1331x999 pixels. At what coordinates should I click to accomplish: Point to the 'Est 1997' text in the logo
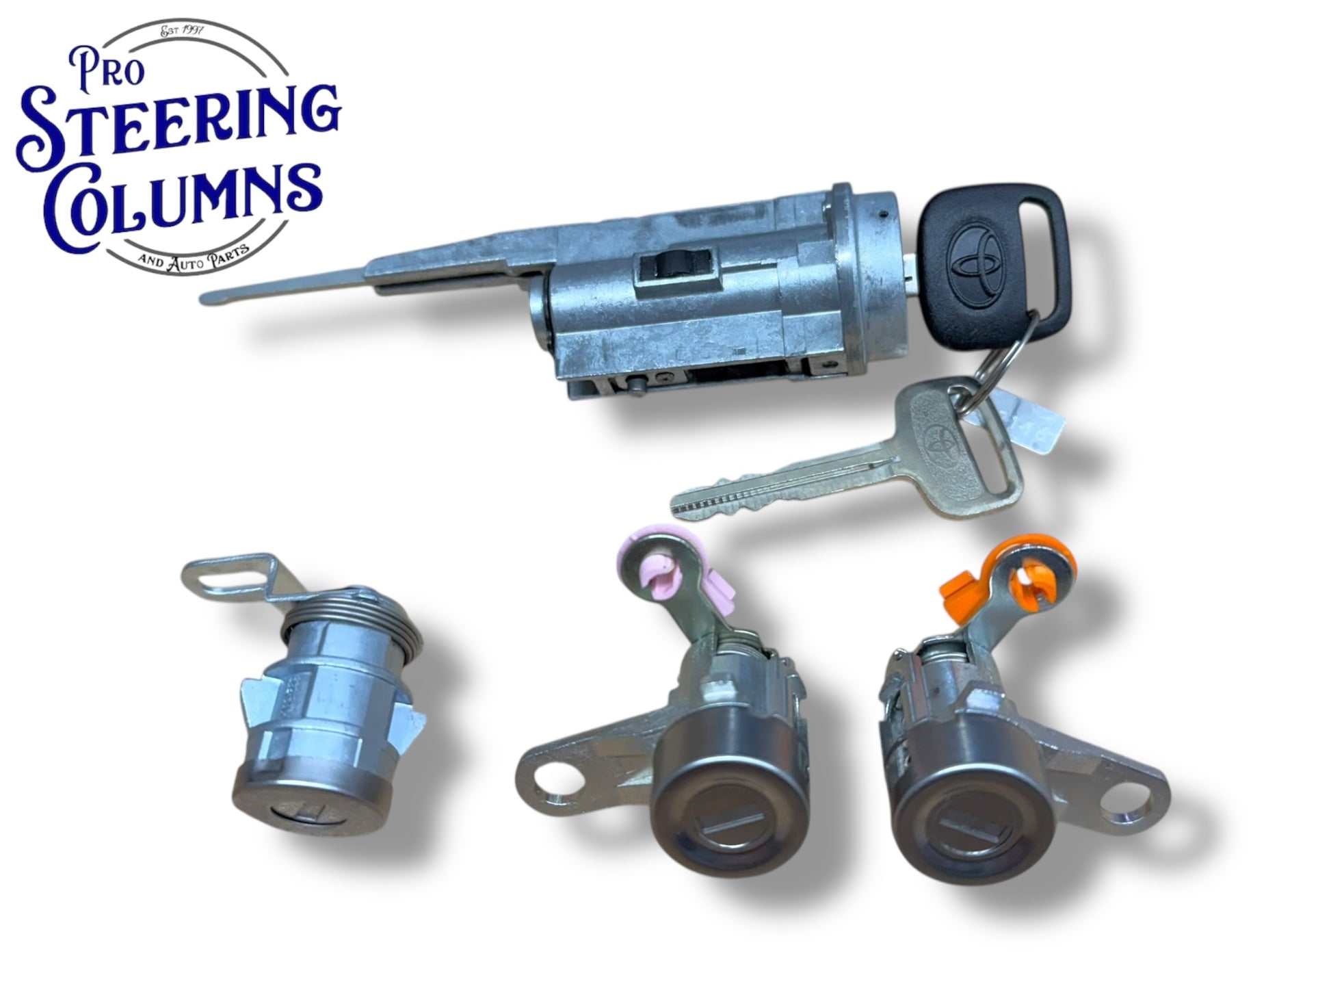tap(183, 31)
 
